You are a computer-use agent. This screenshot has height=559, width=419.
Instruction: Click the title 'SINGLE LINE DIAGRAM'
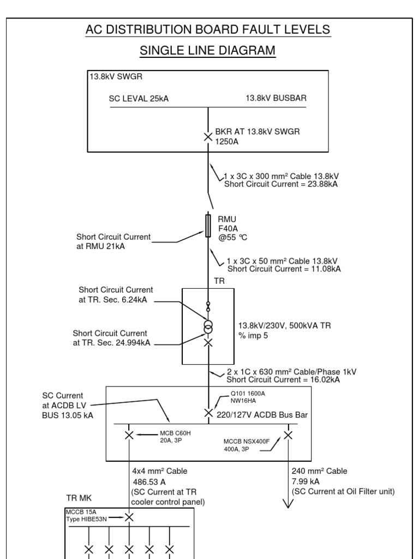point(208,51)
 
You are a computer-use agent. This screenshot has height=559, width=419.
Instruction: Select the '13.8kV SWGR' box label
point(116,78)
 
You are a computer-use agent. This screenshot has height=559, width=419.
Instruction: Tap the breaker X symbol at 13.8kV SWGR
point(208,136)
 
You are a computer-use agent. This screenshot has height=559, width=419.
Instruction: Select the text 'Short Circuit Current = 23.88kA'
point(281,184)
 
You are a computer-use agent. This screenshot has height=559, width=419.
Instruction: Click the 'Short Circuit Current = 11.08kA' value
point(284,269)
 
